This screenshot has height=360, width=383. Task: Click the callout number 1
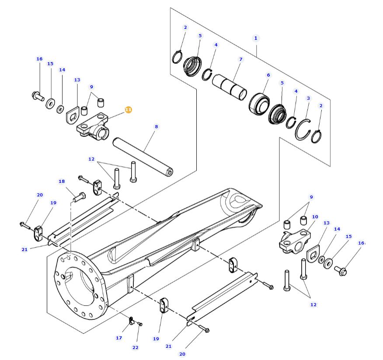point(256,38)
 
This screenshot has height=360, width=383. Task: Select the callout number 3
point(308,98)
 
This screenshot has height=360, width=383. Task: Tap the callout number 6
point(268,75)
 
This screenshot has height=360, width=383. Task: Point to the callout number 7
point(241,59)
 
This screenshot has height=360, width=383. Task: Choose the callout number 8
point(156,126)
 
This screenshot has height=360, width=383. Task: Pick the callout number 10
point(315,217)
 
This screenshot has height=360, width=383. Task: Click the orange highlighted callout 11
point(128,110)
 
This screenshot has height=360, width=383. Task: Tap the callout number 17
point(119,338)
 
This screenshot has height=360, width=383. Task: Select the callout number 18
point(62,181)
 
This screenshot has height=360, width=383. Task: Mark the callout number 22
point(136,347)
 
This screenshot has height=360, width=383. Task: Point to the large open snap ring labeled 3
point(302,130)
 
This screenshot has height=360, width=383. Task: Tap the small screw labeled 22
point(140,324)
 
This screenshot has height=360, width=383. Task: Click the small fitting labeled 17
point(131,321)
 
